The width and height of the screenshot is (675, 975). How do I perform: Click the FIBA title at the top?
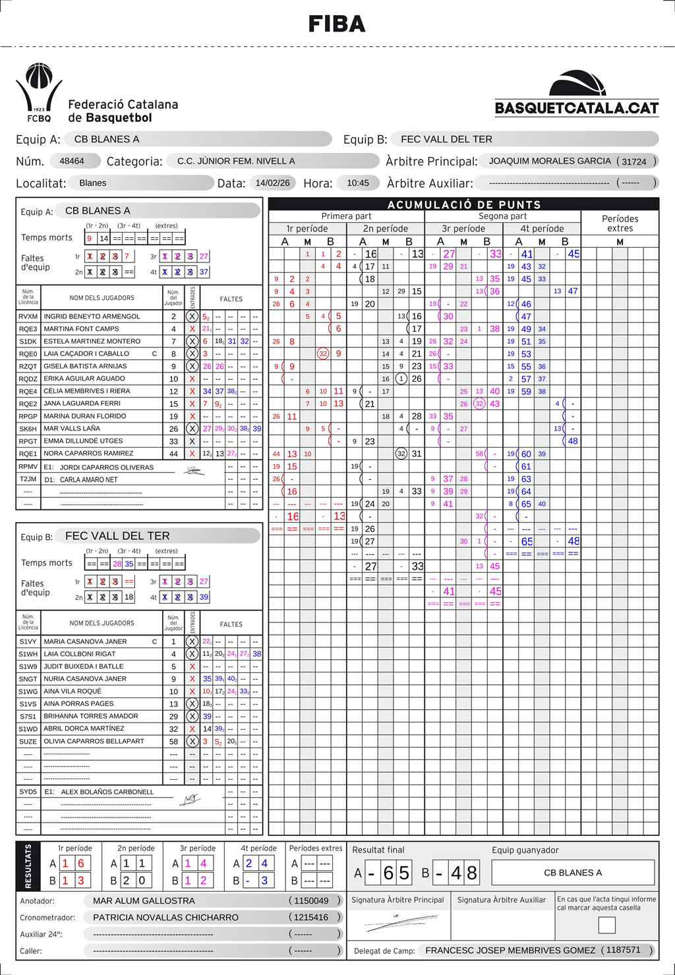pyautogui.click(x=337, y=24)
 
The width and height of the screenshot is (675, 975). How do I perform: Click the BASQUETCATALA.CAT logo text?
pyautogui.click(x=577, y=108)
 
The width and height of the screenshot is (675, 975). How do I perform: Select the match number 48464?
pyautogui.click(x=72, y=161)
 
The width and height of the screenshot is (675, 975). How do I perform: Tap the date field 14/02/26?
pyautogui.click(x=272, y=183)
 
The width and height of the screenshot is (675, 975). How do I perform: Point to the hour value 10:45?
pyautogui.click(x=358, y=183)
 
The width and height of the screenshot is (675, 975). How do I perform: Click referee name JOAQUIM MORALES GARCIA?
pyautogui.click(x=550, y=161)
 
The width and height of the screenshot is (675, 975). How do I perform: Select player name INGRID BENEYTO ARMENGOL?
pyautogui.click(x=92, y=316)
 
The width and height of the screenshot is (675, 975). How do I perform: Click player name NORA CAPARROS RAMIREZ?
pyautogui.click(x=88, y=454)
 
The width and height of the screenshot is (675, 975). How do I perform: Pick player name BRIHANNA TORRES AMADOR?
pyautogui.click(x=91, y=716)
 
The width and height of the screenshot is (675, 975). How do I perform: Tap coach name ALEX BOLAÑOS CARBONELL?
pyautogui.click(x=107, y=792)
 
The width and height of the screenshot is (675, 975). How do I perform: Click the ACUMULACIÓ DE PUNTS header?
pyautogui.click(x=464, y=204)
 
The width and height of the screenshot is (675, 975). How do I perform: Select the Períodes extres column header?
pyautogui.click(x=620, y=223)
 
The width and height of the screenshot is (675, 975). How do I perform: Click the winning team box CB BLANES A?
pyautogui.click(x=573, y=873)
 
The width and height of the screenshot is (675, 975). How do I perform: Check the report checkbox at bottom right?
pyautogui.click(x=606, y=925)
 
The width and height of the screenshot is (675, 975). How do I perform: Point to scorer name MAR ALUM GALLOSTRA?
pyautogui.click(x=144, y=901)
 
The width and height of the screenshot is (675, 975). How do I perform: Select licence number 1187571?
pyautogui.click(x=623, y=950)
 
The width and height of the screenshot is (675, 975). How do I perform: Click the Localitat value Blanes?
pyautogui.click(x=92, y=183)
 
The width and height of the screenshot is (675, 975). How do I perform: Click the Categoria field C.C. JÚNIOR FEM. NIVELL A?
pyautogui.click(x=236, y=161)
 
